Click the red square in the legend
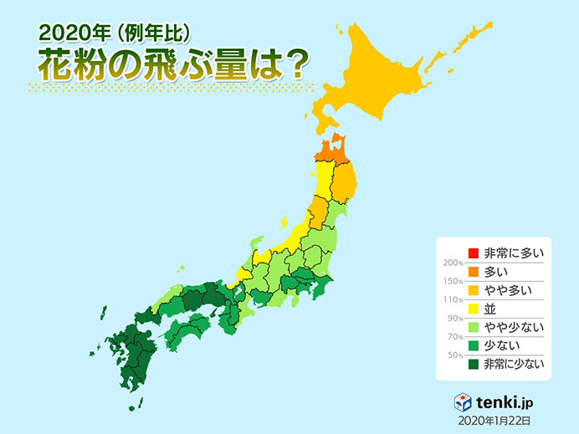[473, 253]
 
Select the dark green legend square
[473, 364]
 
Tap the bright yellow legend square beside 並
[473, 309]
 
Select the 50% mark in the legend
[451, 355]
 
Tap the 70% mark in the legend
[451, 336]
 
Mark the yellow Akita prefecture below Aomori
[323, 180]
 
